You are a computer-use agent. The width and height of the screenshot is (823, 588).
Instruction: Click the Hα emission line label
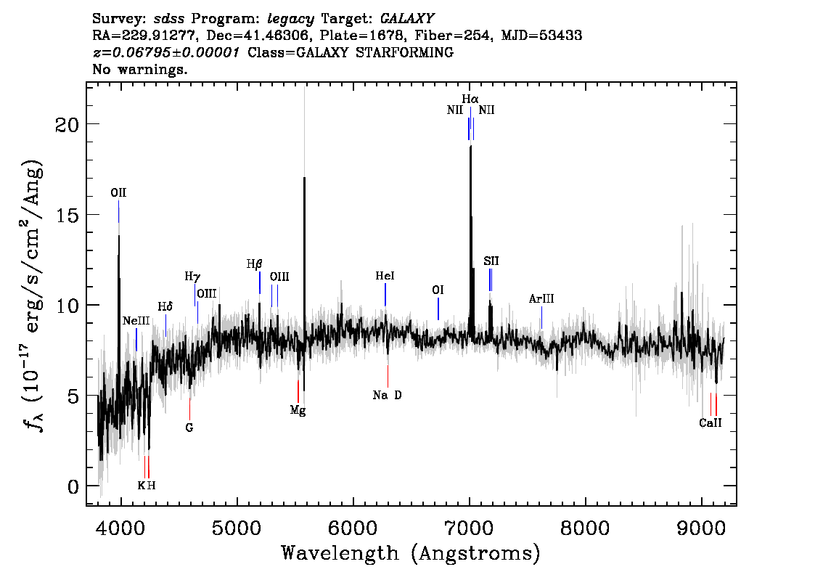pyautogui.click(x=470, y=99)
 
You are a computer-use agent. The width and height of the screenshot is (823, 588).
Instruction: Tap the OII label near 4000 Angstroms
pyautogui.click(x=118, y=193)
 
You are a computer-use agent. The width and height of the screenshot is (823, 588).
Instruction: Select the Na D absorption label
pyautogui.click(x=387, y=396)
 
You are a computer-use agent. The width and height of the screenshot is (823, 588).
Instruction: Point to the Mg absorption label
pyautogui.click(x=298, y=410)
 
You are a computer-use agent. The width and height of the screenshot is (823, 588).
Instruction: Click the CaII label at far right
pyautogui.click(x=711, y=423)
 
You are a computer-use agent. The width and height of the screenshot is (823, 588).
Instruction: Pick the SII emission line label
pyautogui.click(x=491, y=261)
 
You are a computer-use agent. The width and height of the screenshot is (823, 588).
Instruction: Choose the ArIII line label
pyautogui.click(x=541, y=298)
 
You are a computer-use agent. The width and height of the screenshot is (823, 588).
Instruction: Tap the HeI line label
pyautogui.click(x=385, y=277)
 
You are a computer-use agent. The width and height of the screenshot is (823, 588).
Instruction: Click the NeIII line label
pyautogui.click(x=136, y=321)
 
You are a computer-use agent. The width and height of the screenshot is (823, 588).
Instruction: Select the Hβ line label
pyautogui.click(x=254, y=264)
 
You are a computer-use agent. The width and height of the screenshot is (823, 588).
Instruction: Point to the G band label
pyautogui.click(x=189, y=428)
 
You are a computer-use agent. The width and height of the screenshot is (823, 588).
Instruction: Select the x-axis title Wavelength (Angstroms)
pyautogui.click(x=411, y=554)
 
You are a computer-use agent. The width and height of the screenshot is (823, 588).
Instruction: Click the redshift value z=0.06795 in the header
pyautogui.click(x=165, y=53)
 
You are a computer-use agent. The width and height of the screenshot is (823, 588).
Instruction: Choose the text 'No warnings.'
pyautogui.click(x=140, y=70)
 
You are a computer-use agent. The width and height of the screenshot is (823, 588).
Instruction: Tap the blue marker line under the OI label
pyautogui.click(x=438, y=309)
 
